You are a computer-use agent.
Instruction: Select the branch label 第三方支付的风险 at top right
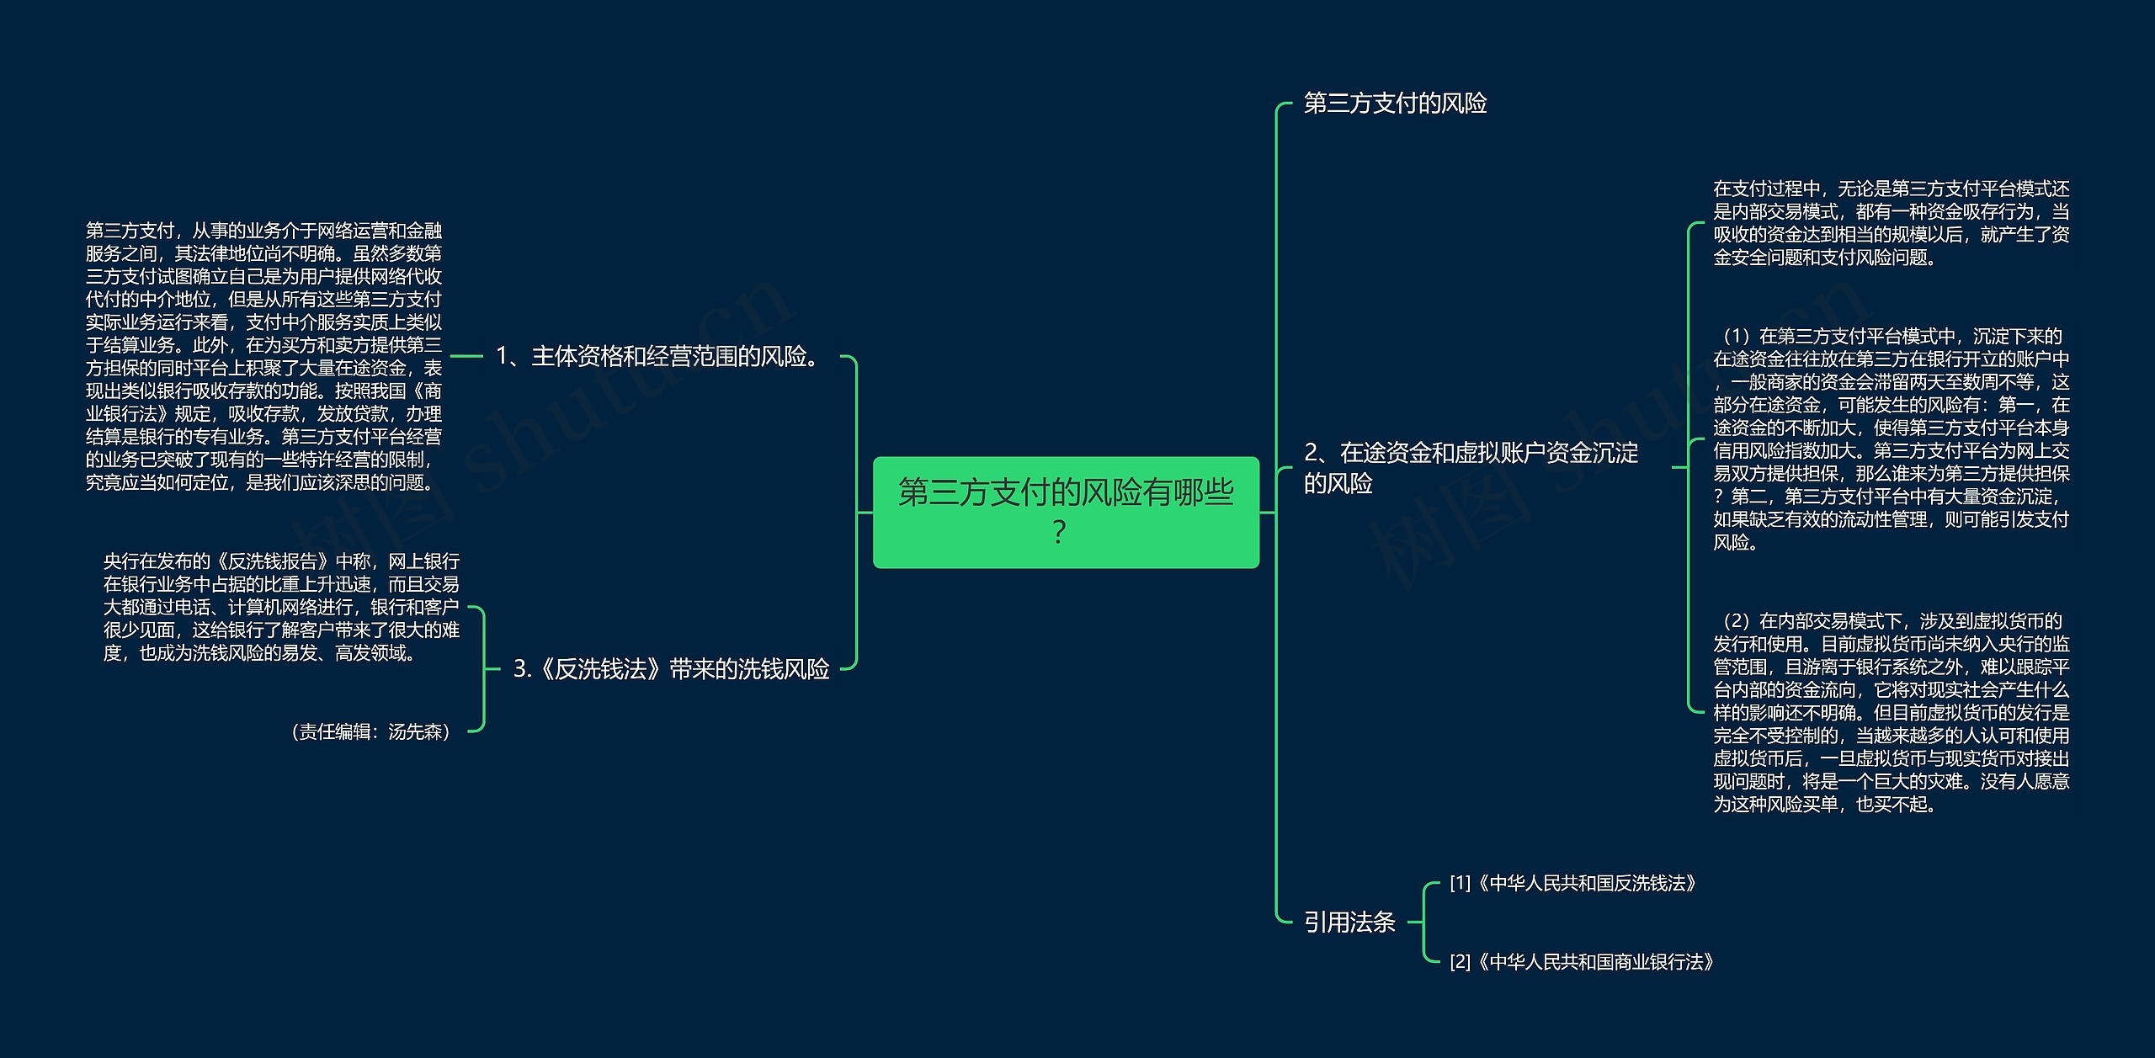[x=1395, y=104]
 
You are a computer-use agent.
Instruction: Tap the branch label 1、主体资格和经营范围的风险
[x=659, y=357]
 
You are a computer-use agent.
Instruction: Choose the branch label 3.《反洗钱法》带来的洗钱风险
[x=672, y=669]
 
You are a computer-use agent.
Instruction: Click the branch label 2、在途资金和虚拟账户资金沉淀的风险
[x=1471, y=468]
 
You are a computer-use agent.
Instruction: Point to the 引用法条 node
[x=1349, y=922]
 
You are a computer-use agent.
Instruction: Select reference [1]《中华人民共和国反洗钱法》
[x=1572, y=884]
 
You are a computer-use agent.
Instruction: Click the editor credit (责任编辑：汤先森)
[x=371, y=732]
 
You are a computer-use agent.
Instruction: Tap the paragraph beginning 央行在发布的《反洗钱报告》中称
[x=281, y=607]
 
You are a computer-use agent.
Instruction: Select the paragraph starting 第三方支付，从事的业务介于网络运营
[x=263, y=356]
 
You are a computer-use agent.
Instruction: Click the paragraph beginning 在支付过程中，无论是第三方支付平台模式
[x=1891, y=223]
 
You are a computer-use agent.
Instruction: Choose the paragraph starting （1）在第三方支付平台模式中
[x=1891, y=439]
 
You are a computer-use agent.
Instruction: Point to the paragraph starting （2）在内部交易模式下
[x=1891, y=713]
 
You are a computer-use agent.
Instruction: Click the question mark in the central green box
[x=1060, y=532]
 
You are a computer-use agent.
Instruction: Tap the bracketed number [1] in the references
[x=1460, y=884]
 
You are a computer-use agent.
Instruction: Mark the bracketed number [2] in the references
[x=1460, y=962]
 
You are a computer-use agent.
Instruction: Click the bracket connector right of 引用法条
[x=1423, y=922]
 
